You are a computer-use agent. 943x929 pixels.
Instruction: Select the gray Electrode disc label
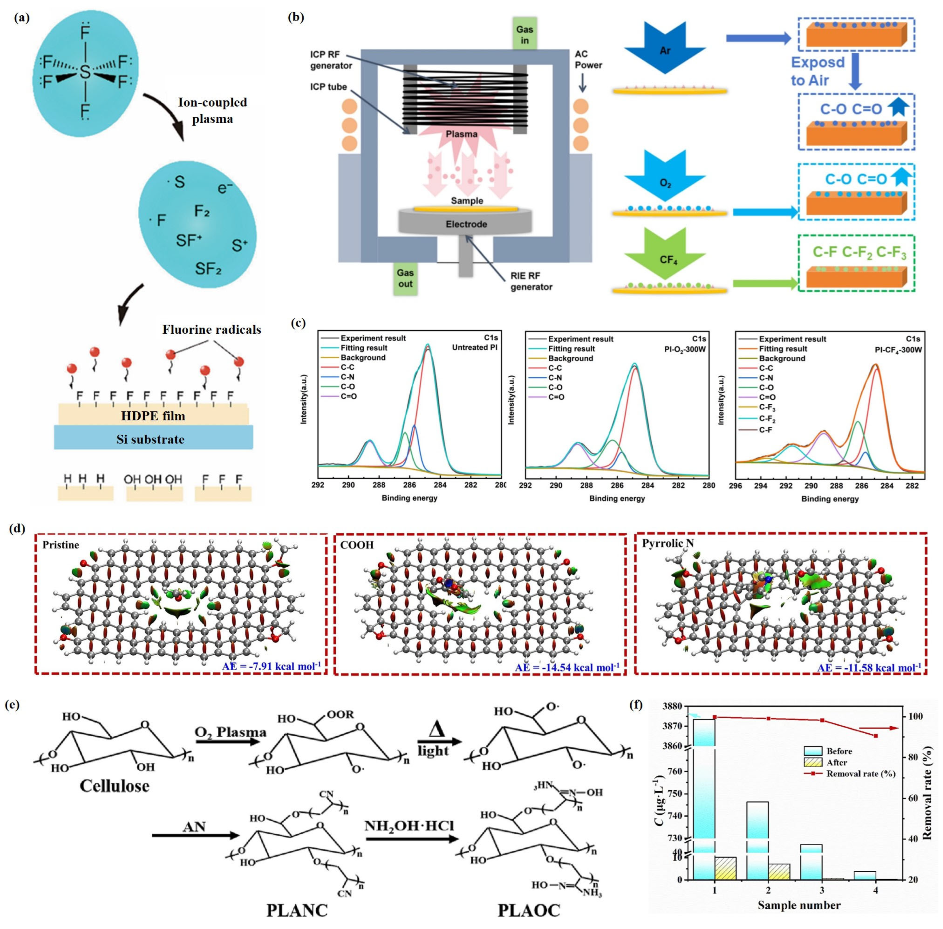[466, 224]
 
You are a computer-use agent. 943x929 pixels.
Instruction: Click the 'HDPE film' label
[153, 416]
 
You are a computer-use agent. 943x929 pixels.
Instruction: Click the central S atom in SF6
[85, 73]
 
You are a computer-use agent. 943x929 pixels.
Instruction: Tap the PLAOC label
[529, 911]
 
